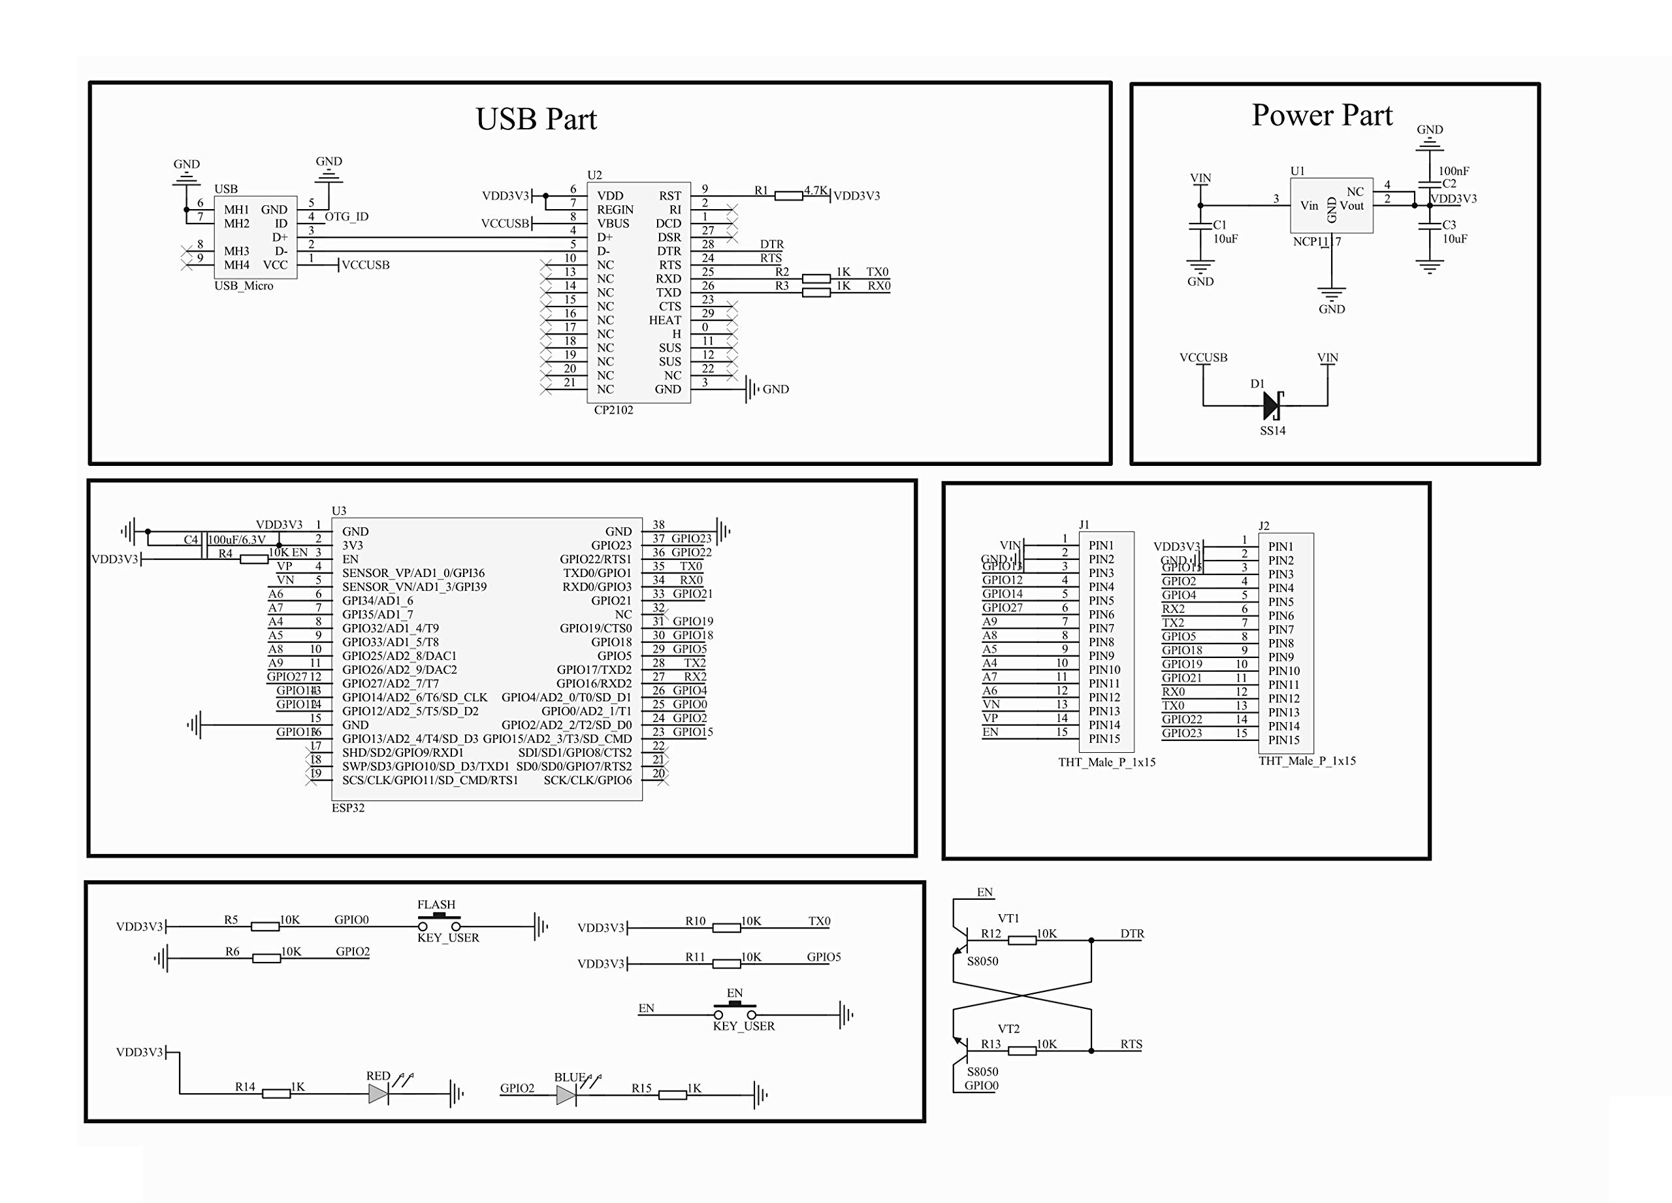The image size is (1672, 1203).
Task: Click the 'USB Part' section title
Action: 536,119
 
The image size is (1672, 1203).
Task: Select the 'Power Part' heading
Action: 1322,115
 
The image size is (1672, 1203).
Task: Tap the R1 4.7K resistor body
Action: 789,195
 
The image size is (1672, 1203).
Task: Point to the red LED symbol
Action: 378,1094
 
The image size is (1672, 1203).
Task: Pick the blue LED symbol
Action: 566,1095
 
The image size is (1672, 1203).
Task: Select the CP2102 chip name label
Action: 613,410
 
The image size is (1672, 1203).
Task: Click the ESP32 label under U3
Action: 348,808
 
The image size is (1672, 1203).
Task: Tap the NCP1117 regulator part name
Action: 1317,242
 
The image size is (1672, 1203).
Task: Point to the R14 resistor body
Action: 276,1094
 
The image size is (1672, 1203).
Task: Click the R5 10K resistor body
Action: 265,927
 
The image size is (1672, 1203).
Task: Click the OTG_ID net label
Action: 347,217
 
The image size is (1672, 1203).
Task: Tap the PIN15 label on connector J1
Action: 1104,739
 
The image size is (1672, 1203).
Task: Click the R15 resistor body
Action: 672,1095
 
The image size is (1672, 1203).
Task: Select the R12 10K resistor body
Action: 1021,940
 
